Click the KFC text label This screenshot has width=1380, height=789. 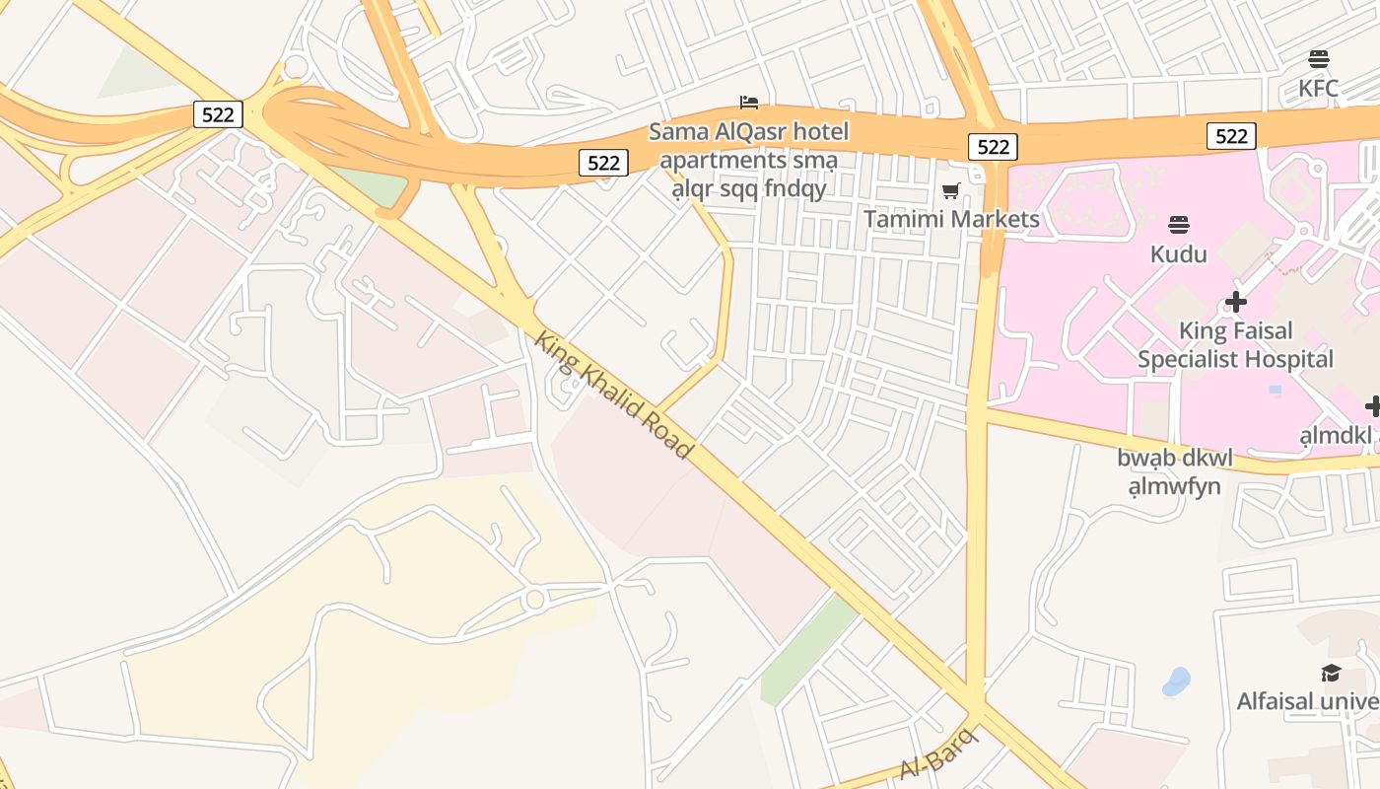[1318, 89]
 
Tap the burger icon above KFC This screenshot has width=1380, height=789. [1319, 59]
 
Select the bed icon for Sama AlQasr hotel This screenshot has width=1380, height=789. [749, 103]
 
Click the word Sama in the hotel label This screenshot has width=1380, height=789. [677, 131]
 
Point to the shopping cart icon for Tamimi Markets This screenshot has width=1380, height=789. [950, 190]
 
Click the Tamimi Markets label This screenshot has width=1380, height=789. [951, 219]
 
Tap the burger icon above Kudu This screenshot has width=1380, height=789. [1179, 225]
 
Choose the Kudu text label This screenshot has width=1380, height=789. [1178, 254]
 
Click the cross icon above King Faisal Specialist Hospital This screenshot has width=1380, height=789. [1235, 302]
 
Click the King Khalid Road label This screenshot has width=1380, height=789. [613, 395]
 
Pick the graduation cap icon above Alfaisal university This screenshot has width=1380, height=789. [1331, 673]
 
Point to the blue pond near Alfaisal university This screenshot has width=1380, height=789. [1176, 681]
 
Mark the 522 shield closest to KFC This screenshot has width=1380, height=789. [1231, 136]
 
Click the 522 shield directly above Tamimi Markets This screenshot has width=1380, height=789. [993, 147]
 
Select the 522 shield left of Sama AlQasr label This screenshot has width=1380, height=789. [603, 163]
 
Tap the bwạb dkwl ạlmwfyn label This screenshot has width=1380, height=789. [1174, 472]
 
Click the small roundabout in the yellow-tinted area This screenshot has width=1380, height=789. [535, 599]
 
